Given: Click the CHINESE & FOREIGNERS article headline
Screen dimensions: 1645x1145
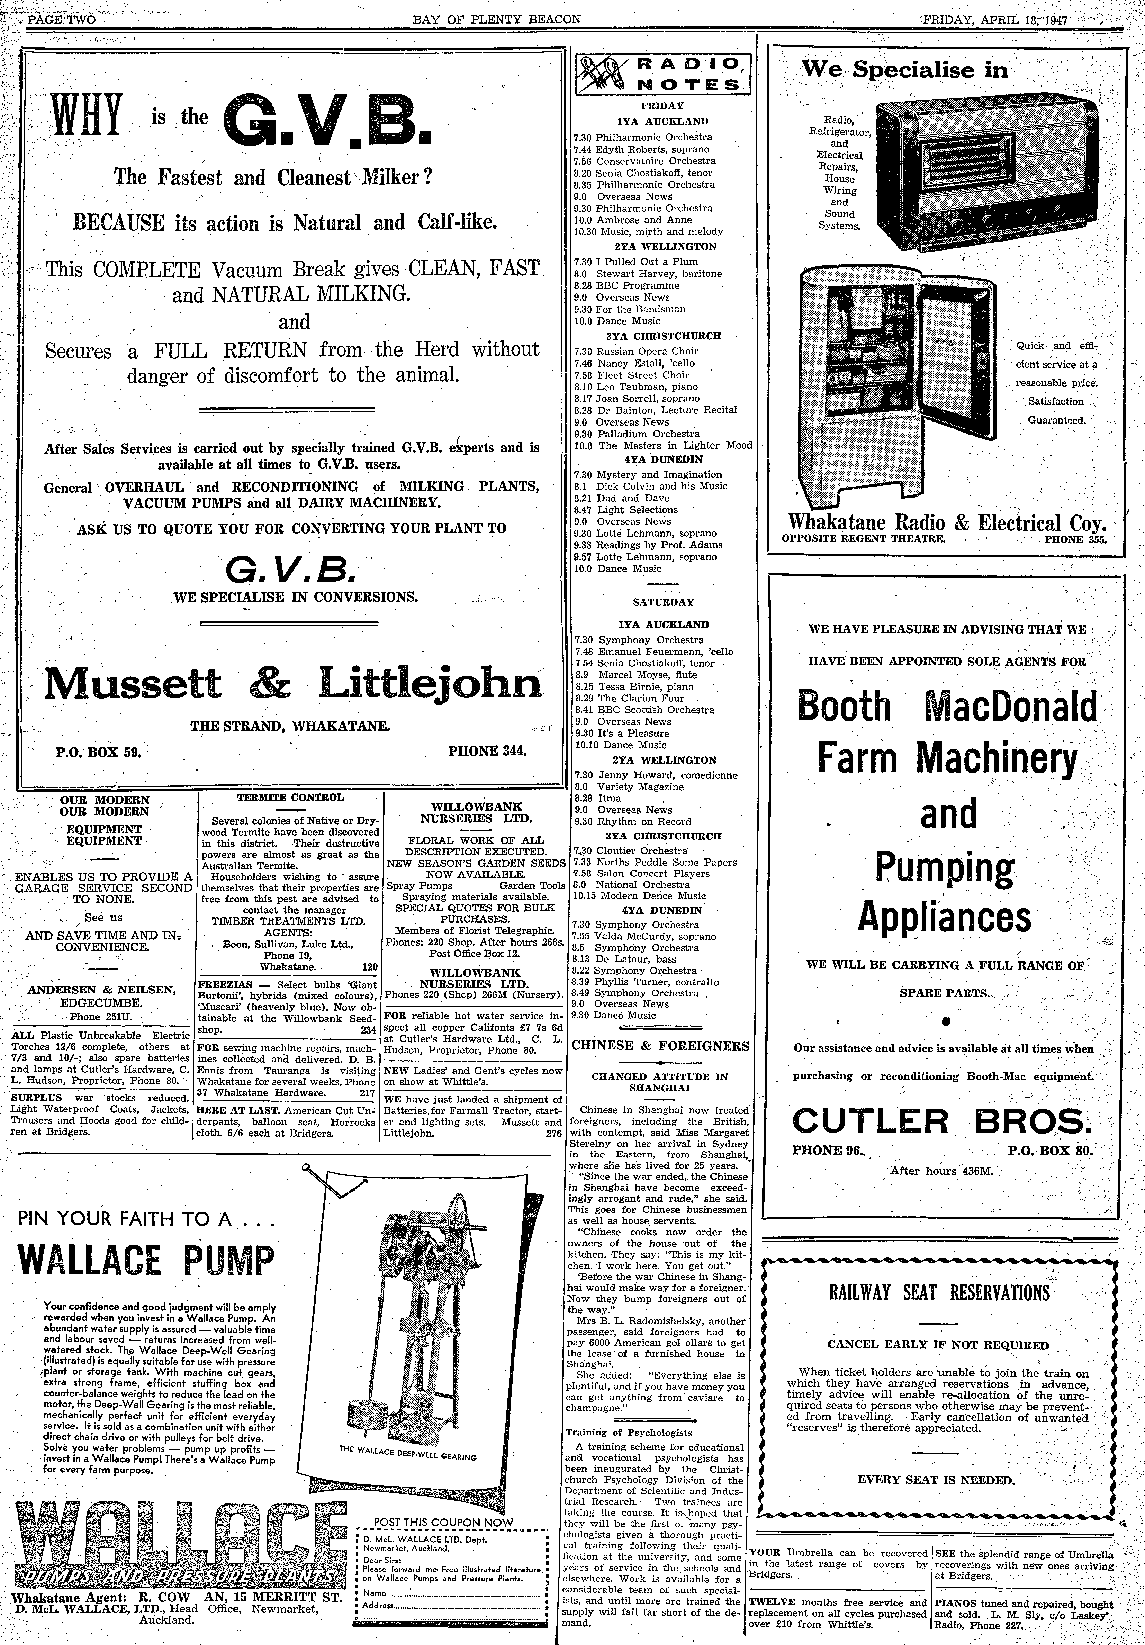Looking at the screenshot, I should coord(660,1045).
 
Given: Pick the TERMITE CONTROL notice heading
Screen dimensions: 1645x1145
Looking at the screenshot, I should coord(290,797).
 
